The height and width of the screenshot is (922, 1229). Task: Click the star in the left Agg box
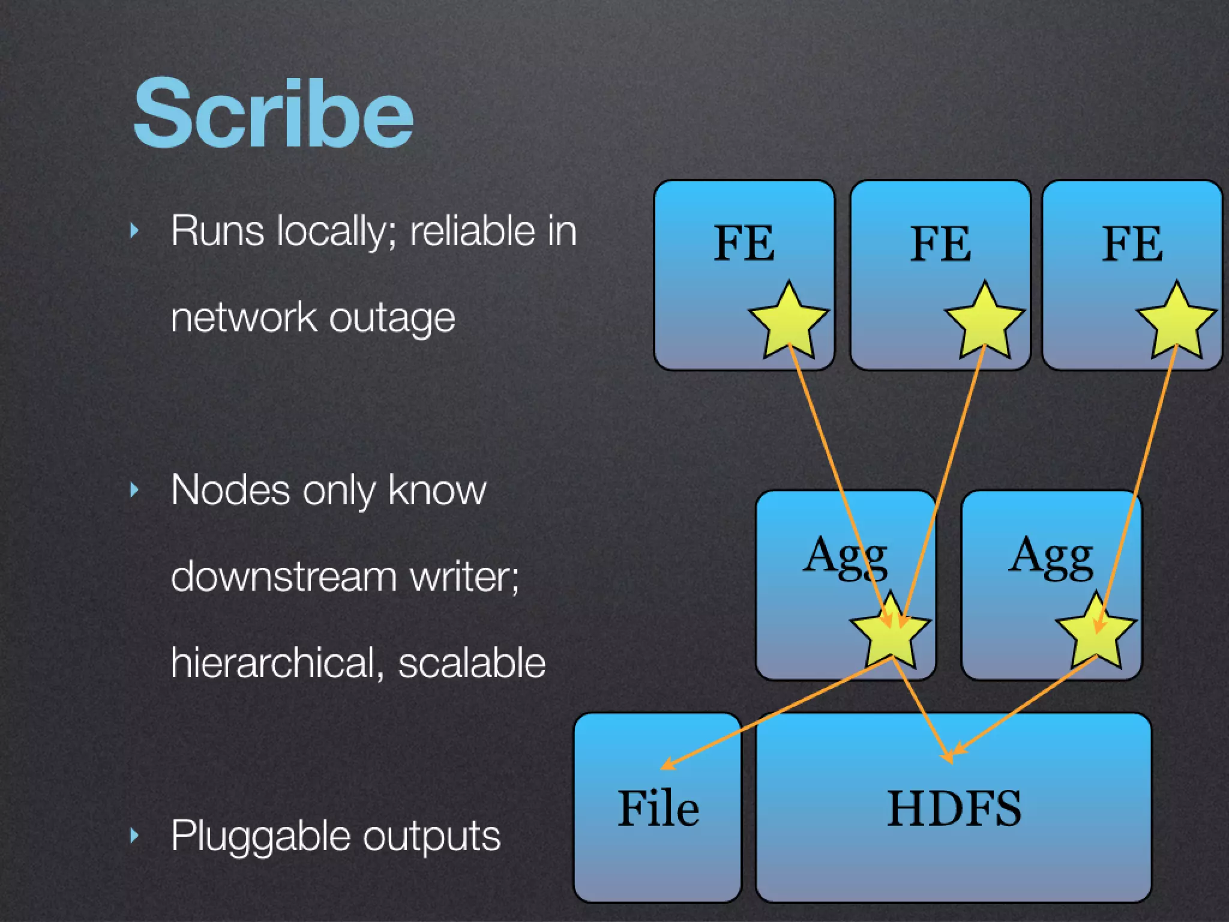coord(891,632)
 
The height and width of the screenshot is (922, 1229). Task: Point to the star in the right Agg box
coord(1096,632)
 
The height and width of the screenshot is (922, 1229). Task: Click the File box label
coord(658,808)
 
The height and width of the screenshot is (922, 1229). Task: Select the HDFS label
coord(954,808)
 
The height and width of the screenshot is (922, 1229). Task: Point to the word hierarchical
coord(273,663)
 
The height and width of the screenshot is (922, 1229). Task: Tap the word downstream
coord(283,576)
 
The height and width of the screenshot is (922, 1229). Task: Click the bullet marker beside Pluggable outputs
coord(134,835)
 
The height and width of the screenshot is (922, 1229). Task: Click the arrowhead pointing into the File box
coord(665,766)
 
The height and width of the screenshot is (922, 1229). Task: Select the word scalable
coord(472,663)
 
